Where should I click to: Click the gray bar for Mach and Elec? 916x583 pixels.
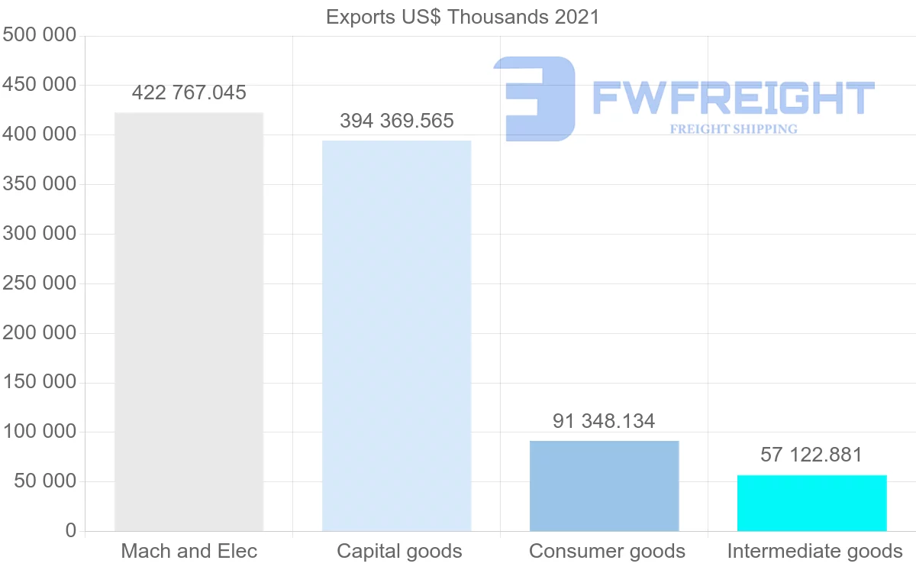coord(189,322)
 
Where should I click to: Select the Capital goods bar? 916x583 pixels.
coord(396,335)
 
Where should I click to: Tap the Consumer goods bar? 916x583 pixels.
coord(604,486)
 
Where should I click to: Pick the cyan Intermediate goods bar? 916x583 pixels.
coord(811,503)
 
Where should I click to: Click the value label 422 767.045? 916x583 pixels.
coord(189,93)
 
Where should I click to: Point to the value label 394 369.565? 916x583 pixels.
coord(396,121)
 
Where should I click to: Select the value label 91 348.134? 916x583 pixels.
coord(604,421)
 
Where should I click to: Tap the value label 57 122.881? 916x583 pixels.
coord(811,455)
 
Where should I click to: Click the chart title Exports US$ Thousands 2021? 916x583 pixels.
coord(463,17)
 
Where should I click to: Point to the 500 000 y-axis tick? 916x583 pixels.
coord(40,35)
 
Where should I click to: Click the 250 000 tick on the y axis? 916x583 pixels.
coord(40,283)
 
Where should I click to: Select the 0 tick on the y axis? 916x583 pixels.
coord(71,531)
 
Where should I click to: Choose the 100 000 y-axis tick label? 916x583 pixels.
coord(40,432)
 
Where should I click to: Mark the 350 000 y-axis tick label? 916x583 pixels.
coord(40,184)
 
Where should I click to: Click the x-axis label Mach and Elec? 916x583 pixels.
coord(189,551)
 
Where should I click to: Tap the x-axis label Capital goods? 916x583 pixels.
coord(399,551)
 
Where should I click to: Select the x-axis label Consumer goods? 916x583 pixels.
coord(607,551)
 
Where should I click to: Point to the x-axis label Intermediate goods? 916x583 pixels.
coord(814,551)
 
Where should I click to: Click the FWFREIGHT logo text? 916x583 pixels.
coord(733,98)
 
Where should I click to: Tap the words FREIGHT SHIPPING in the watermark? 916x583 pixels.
coord(733,129)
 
